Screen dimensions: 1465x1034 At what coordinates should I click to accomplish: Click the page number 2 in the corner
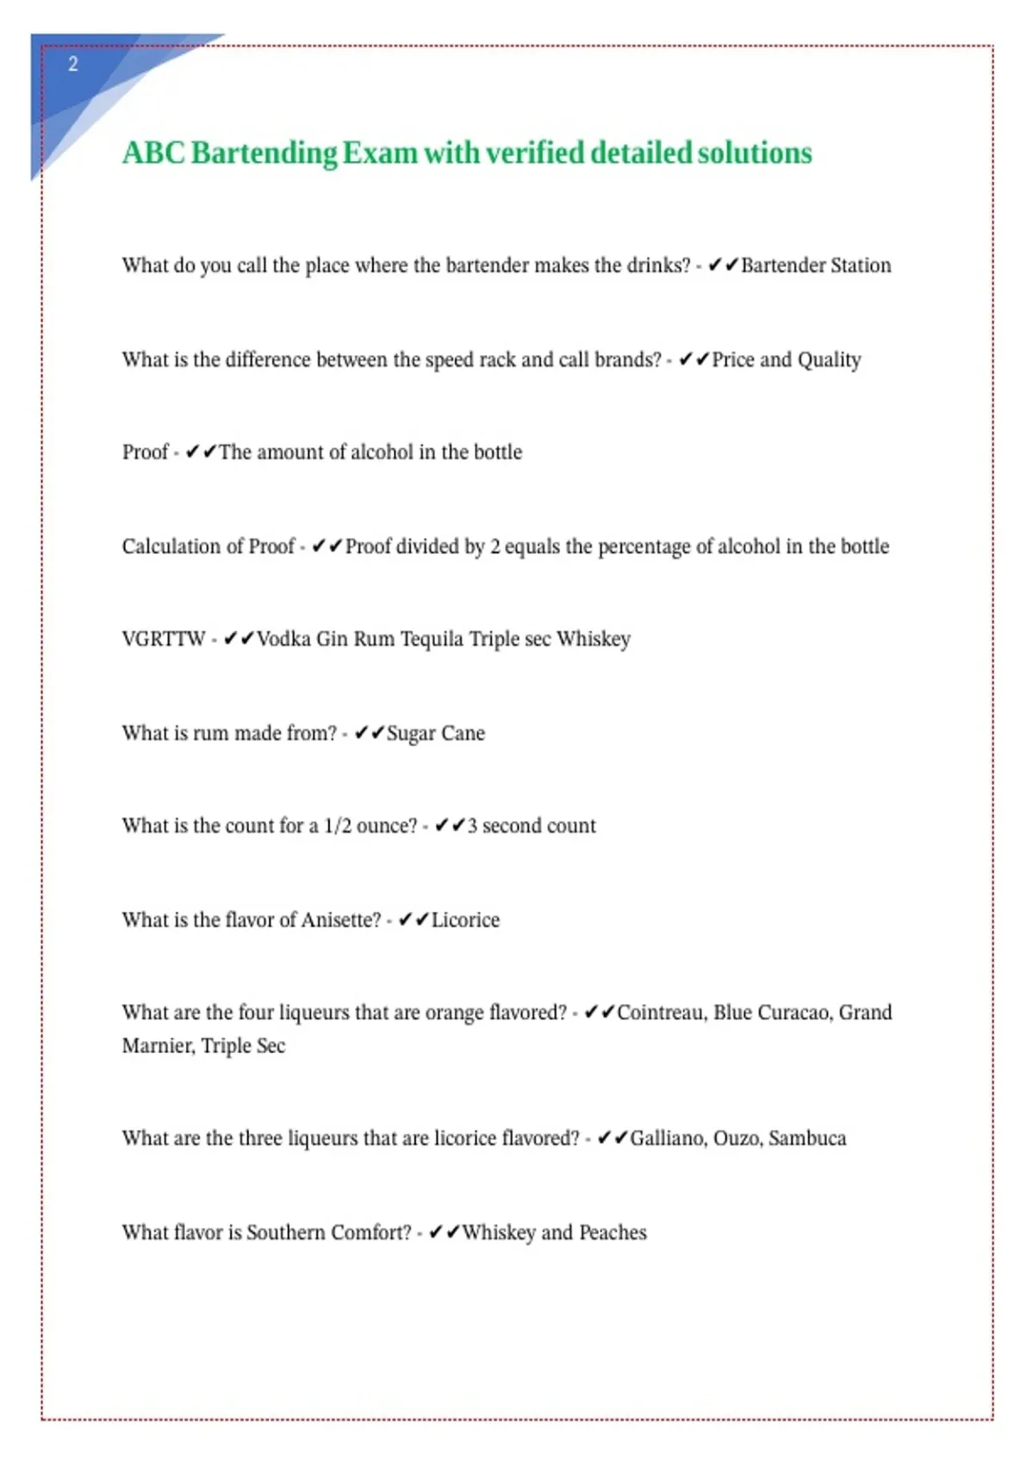[x=73, y=64]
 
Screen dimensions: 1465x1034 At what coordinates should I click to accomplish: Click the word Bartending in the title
[x=264, y=153]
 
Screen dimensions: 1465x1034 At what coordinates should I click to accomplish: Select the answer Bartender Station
[x=815, y=265]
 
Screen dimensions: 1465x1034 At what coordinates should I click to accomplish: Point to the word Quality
[x=829, y=360]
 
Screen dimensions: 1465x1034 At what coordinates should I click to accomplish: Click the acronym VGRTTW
[x=164, y=639]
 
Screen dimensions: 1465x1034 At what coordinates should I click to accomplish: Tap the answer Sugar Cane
[x=435, y=733]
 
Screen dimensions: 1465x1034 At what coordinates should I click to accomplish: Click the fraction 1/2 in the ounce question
[x=337, y=826]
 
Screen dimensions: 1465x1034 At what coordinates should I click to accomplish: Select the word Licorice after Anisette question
[x=465, y=920]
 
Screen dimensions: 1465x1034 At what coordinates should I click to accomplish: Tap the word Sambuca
[x=807, y=1138]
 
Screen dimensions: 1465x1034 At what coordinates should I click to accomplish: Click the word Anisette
[x=340, y=920]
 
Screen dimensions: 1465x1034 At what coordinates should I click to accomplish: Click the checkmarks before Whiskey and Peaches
[x=444, y=1232]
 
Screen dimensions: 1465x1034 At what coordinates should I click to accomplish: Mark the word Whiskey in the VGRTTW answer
[x=593, y=639]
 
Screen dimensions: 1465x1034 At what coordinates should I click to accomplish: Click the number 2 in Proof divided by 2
[x=495, y=546]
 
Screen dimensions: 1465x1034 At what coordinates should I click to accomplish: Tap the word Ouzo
[x=737, y=1138]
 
